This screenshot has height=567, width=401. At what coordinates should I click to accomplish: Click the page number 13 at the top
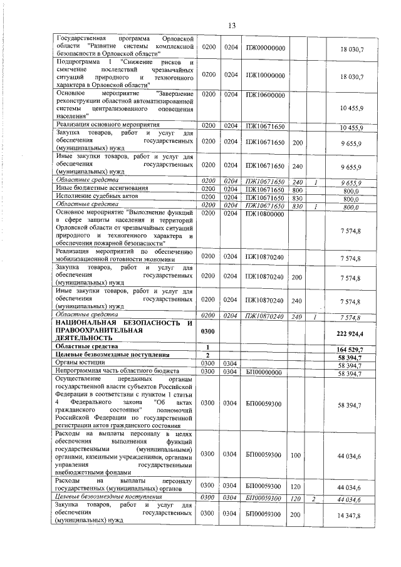point(231,26)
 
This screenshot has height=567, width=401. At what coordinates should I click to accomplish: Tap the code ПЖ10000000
point(265,75)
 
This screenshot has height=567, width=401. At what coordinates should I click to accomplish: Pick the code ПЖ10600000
point(265,95)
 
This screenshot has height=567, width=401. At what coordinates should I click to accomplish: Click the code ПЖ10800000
point(265,214)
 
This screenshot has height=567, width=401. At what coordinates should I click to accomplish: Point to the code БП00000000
point(265,373)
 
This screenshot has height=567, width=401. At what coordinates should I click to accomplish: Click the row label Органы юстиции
point(76,363)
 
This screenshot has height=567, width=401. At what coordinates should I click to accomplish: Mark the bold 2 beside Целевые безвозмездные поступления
point(207,355)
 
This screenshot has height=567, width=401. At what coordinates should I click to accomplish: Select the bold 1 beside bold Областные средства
point(207,346)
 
